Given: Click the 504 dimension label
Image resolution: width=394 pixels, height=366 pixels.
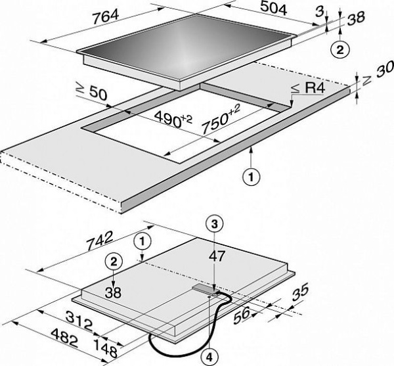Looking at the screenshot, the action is pos(273,9).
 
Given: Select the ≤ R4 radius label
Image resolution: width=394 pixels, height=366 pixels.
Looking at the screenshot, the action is pos(309,88).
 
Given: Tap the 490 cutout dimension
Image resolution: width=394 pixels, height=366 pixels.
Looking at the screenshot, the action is pos(173,119).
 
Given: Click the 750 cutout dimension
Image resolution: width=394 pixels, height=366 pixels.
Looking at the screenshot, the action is pos(221,119).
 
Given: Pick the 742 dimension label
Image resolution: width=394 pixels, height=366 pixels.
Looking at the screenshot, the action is pos(100,240).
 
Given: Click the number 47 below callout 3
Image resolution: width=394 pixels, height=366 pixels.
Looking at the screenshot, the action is pos(217,256).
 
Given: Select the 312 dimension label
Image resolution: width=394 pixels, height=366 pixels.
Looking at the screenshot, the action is pos(79,320).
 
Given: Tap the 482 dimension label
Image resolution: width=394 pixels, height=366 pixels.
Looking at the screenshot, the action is pos(64,337).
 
